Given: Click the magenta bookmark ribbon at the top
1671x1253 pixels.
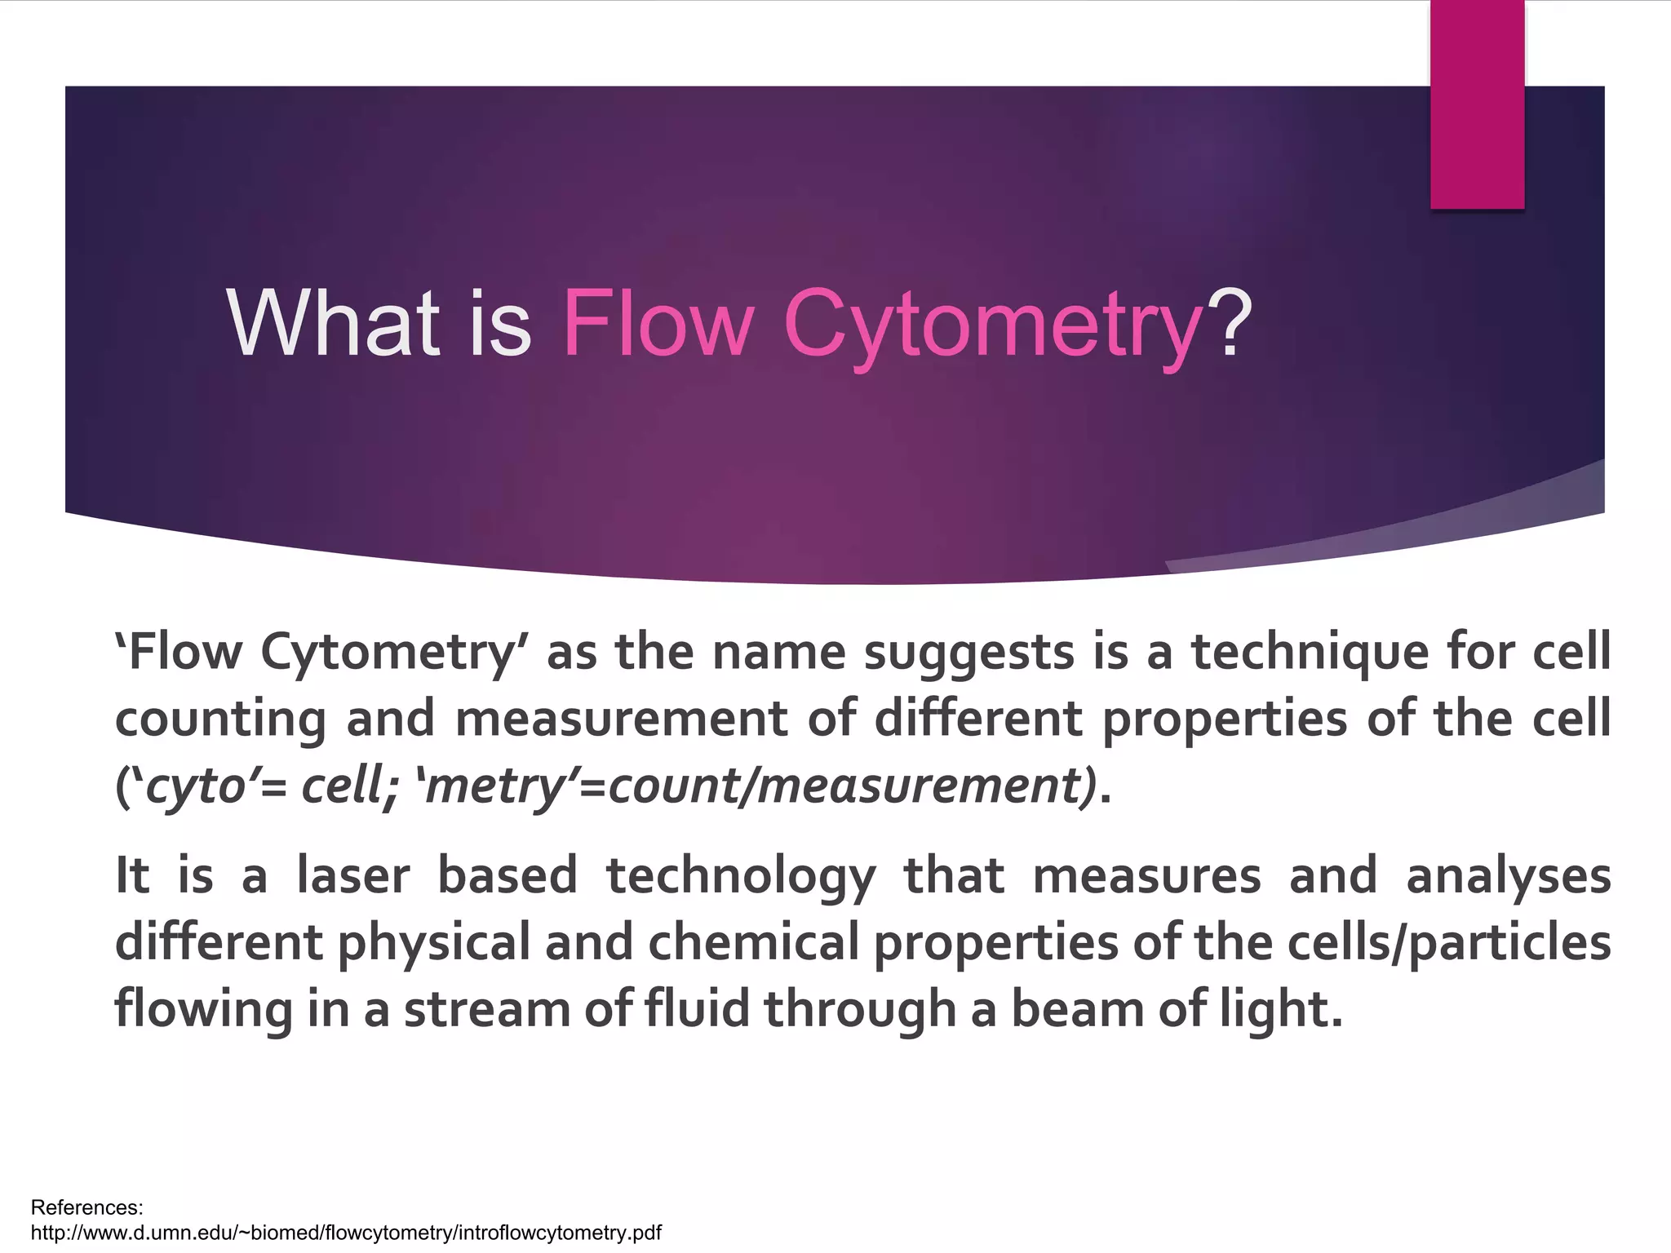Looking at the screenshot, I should pyautogui.click(x=1477, y=104).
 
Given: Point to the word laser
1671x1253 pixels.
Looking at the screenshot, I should pyautogui.click(x=352, y=875).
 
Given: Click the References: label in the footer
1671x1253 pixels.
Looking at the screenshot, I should pyautogui.click(x=86, y=1207).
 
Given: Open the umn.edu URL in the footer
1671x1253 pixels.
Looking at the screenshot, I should pyautogui.click(x=346, y=1233).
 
